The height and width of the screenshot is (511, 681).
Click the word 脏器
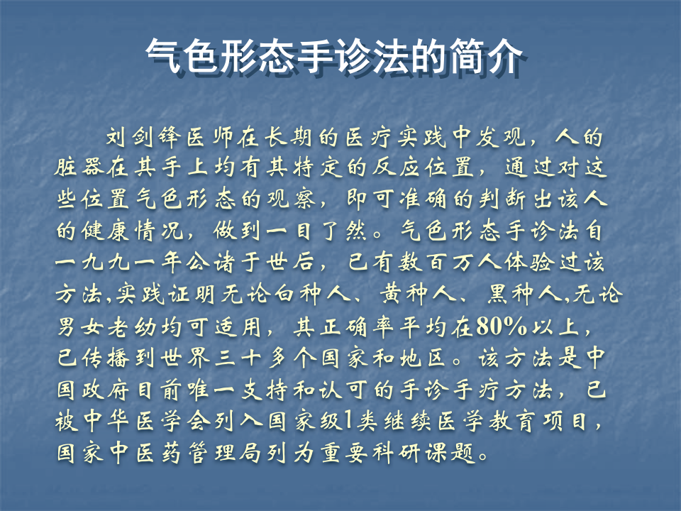(x=82, y=167)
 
